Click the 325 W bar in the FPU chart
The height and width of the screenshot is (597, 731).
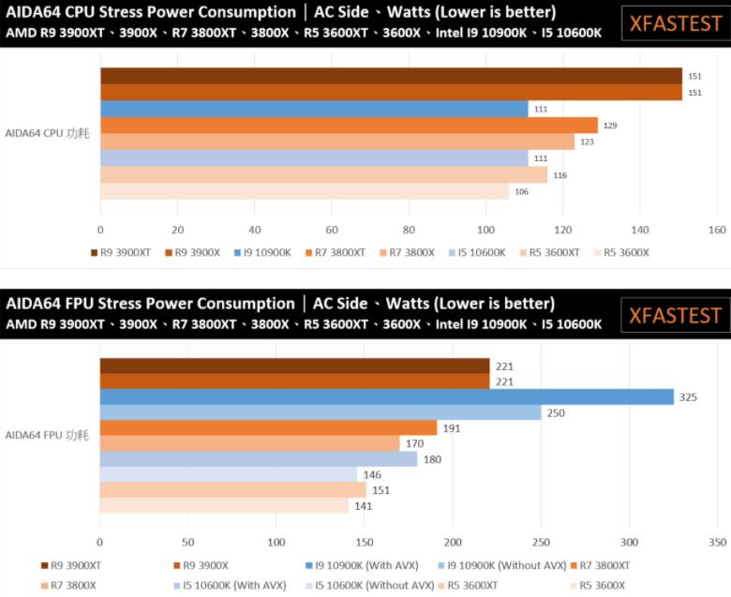pyautogui.click(x=386, y=396)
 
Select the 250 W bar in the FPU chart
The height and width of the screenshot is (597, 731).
pyautogui.click(x=321, y=412)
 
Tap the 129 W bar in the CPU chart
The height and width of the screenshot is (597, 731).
pyautogui.click(x=349, y=125)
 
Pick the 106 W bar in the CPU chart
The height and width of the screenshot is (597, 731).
pyautogui.click(x=305, y=191)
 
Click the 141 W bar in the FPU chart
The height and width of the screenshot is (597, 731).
pyautogui.click(x=224, y=506)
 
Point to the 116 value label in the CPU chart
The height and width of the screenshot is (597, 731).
pyautogui.click(x=559, y=175)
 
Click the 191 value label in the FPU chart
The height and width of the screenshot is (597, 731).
pyautogui.click(x=451, y=428)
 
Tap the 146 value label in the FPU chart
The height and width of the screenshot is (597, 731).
pyautogui.click(x=372, y=475)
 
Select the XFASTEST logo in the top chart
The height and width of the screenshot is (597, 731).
pyautogui.click(x=675, y=24)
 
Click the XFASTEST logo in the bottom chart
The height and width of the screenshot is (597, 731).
pyautogui.click(x=675, y=315)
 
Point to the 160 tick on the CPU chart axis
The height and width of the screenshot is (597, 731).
pyautogui.click(x=717, y=231)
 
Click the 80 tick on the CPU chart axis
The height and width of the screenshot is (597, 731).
pyautogui.click(x=409, y=231)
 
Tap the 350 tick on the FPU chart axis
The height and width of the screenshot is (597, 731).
pyautogui.click(x=717, y=543)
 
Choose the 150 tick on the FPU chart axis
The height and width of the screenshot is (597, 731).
pyautogui.click(x=365, y=543)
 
